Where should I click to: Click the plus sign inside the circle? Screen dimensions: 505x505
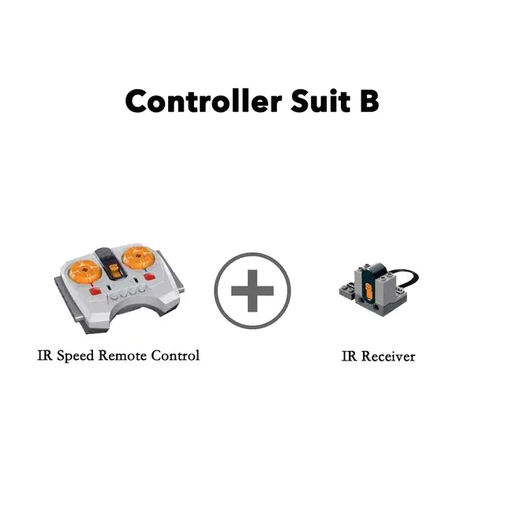[252, 290]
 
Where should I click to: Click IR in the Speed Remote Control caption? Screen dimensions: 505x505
[45, 355]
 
